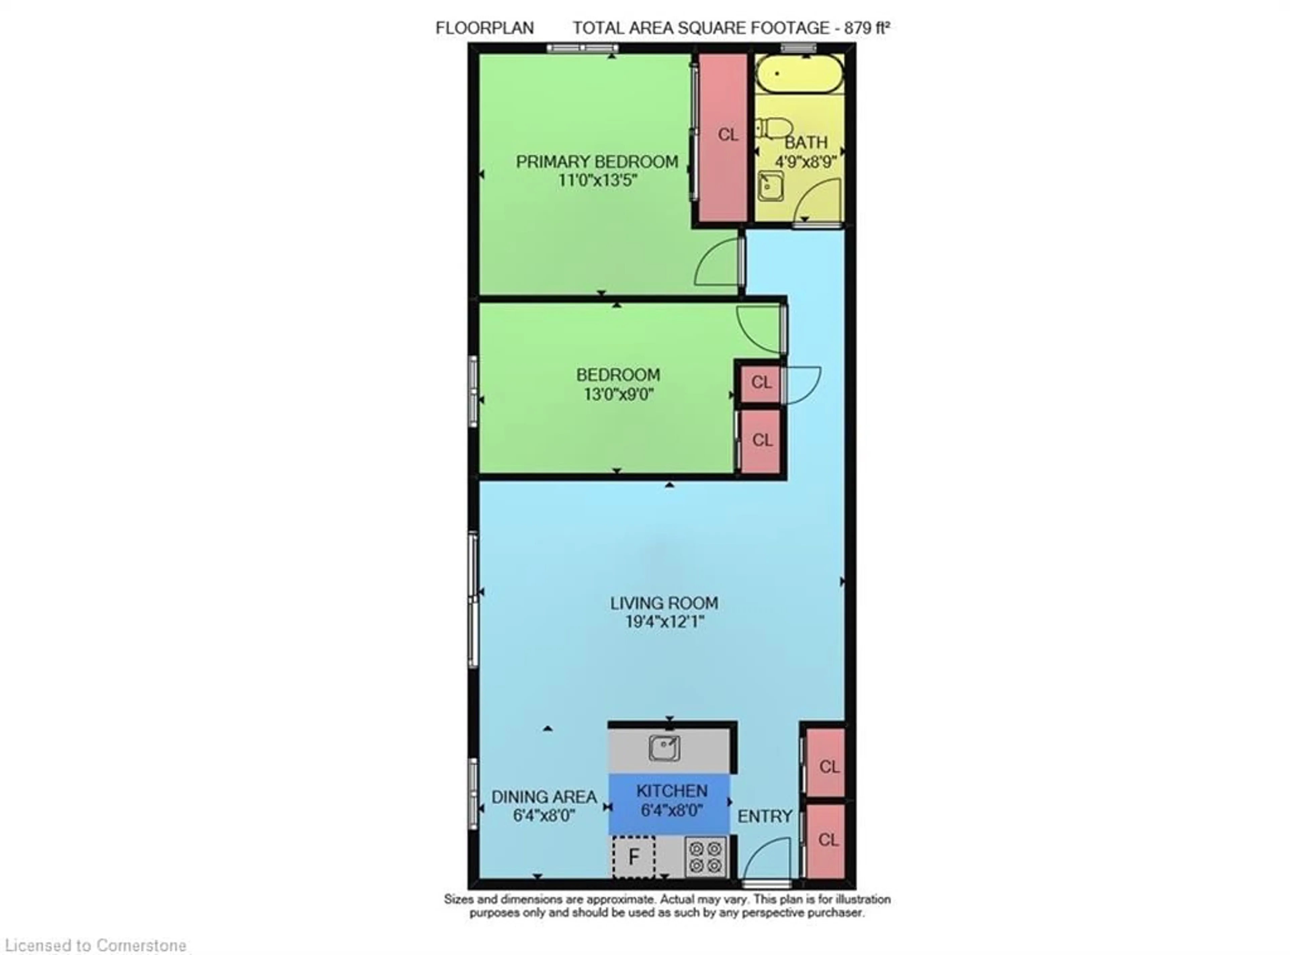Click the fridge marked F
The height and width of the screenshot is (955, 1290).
[x=634, y=857]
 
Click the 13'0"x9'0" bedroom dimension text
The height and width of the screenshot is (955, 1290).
[x=618, y=394]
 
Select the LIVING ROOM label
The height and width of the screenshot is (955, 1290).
[x=664, y=603]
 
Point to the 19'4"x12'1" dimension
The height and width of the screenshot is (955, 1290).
[x=664, y=622]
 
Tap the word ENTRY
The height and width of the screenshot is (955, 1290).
[x=765, y=816]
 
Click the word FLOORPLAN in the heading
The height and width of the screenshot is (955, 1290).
[x=484, y=28]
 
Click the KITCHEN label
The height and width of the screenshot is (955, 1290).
[x=672, y=791]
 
